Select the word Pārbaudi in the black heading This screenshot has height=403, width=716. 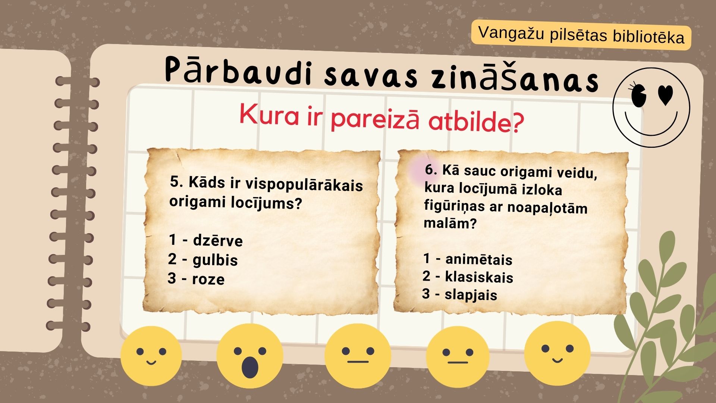239,71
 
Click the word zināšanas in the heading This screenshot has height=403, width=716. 515,78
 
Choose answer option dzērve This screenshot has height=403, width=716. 218,241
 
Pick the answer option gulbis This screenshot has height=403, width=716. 215,260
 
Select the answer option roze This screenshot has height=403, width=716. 208,279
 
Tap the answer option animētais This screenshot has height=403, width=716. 479,259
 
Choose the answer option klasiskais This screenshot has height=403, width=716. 479,277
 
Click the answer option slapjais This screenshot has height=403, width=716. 471,295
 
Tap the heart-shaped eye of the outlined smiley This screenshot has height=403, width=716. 665,95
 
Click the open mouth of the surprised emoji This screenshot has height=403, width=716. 250,367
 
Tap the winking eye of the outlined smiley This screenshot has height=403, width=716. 638,96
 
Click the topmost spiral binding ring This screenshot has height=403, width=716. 78,81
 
